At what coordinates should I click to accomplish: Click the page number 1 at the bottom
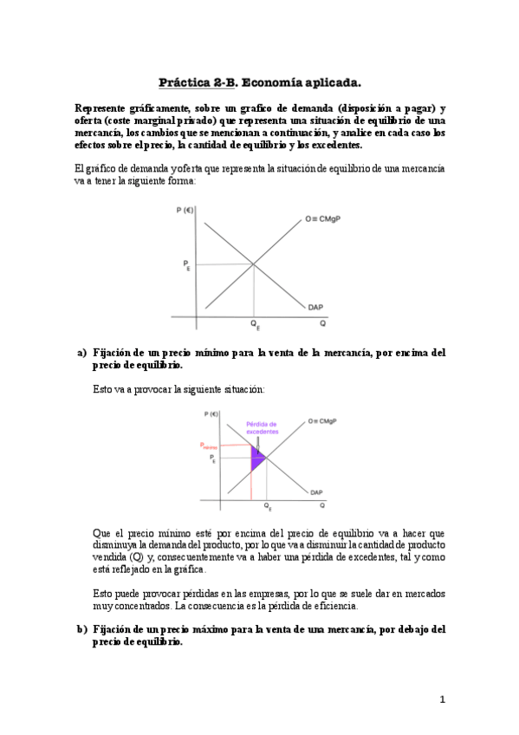(442, 699)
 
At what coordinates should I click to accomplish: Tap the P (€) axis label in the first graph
(184, 209)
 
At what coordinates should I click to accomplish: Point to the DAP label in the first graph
(315, 306)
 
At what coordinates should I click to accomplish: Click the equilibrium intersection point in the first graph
(254, 264)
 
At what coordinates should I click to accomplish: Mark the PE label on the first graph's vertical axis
(186, 265)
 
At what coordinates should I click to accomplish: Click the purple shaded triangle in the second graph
(256, 457)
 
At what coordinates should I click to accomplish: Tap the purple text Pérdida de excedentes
(263, 427)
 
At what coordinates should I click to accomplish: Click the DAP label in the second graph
(316, 492)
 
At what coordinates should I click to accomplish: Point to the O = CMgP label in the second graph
(321, 421)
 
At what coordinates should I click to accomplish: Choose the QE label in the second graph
(267, 506)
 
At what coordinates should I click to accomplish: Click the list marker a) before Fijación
(82, 353)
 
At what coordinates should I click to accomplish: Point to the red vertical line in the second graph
(250, 477)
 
